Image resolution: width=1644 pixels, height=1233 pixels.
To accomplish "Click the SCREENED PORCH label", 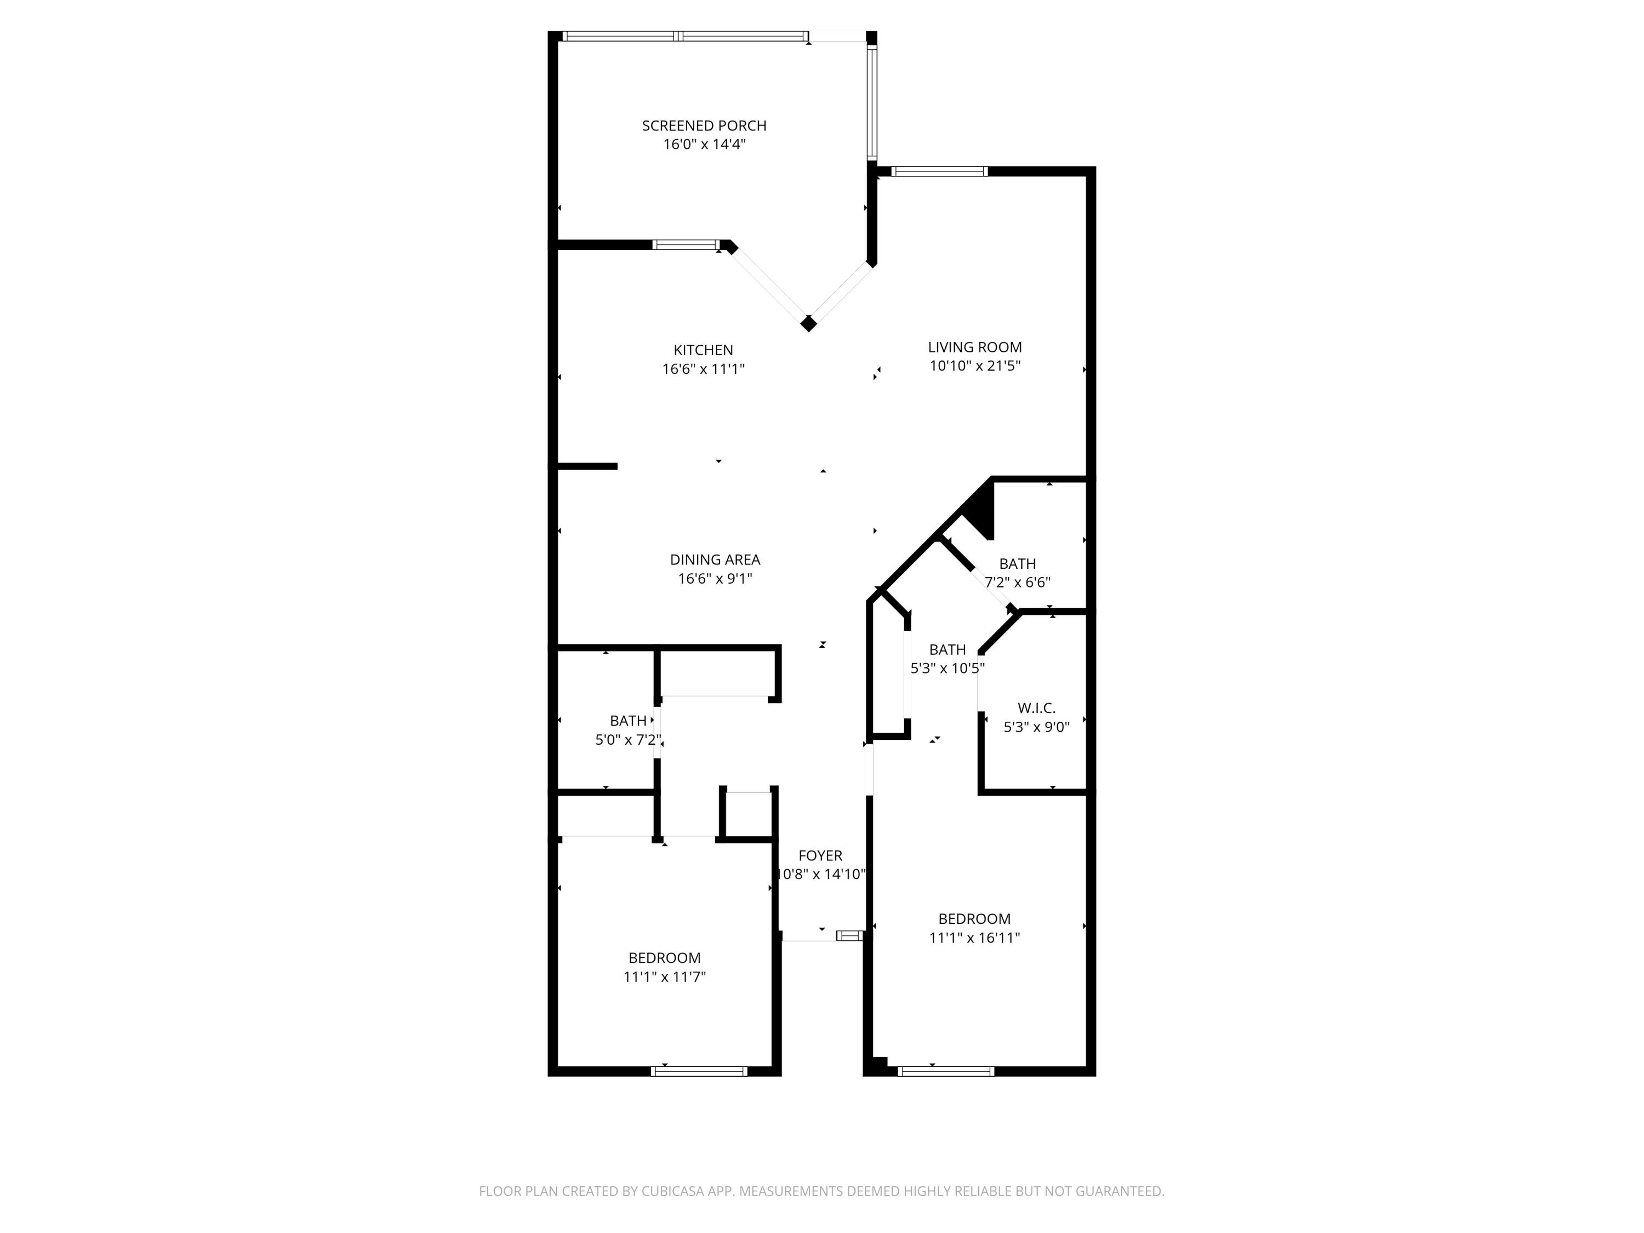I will click(704, 125).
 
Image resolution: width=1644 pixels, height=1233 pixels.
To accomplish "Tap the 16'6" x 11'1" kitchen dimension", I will click(703, 369).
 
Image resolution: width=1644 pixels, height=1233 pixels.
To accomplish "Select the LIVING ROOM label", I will click(974, 347).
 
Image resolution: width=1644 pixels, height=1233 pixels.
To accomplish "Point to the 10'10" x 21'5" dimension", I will click(974, 366).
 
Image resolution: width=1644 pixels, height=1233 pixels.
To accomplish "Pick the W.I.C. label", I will click(1036, 708).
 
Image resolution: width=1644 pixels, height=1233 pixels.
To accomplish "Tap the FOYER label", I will click(820, 855).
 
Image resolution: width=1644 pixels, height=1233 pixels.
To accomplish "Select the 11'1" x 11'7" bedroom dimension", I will click(664, 977).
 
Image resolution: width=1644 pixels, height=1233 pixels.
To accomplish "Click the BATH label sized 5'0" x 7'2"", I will click(628, 721).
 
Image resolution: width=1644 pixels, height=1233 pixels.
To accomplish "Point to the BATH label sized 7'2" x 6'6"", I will click(1017, 564).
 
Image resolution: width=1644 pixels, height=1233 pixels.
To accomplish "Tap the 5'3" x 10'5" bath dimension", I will click(947, 668).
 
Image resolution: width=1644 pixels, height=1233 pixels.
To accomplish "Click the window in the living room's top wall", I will click(939, 172).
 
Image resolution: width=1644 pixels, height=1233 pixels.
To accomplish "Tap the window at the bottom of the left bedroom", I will click(699, 1071).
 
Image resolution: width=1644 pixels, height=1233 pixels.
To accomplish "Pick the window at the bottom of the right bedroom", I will click(945, 1071).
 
